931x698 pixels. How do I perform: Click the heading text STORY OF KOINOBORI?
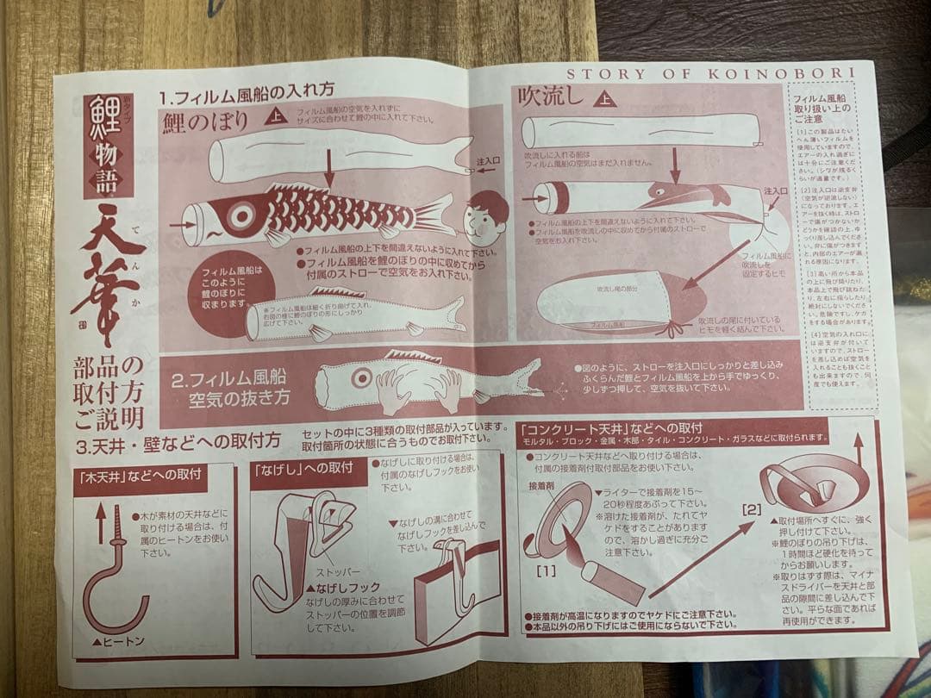(x=710, y=73)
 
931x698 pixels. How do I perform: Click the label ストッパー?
(x=338, y=571)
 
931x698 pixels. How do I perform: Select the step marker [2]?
(x=752, y=509)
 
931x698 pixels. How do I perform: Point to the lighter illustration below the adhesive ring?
(x=610, y=582)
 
